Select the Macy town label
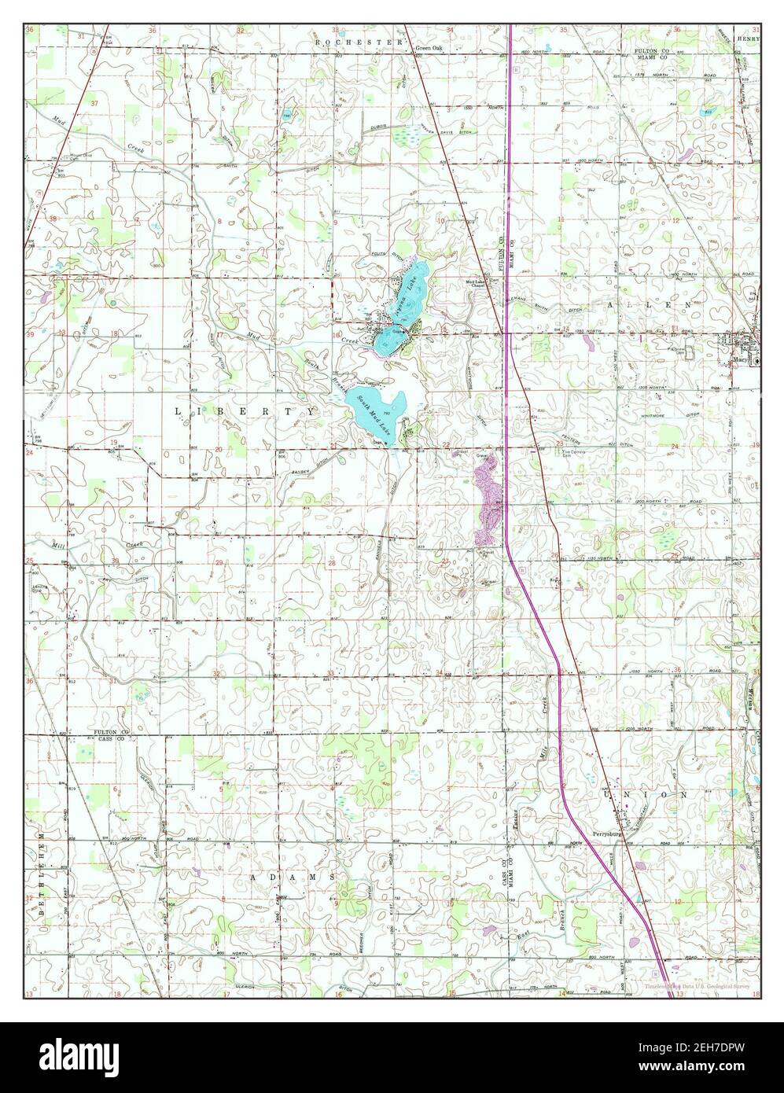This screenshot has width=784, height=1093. (738, 361)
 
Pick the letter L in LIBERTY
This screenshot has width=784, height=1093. (176, 411)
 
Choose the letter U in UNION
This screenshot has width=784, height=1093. (606, 795)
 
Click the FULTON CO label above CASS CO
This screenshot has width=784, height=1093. (111, 733)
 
